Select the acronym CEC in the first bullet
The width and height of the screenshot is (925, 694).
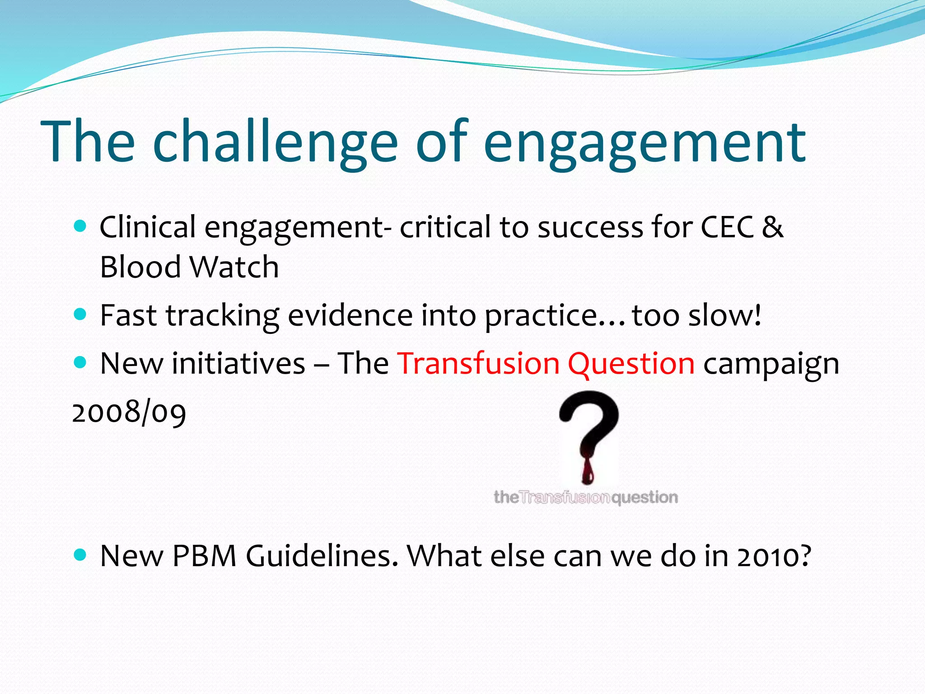tap(727, 227)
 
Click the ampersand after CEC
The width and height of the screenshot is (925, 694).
tap(772, 227)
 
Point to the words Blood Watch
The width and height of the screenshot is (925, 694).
tap(189, 267)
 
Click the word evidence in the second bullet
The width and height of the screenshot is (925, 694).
tap(350, 315)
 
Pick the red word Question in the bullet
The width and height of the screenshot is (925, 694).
tap(631, 364)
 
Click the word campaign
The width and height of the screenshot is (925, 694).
tap(771, 364)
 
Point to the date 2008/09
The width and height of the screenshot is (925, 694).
tap(129, 412)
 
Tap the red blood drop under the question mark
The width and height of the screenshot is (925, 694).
tap(588, 472)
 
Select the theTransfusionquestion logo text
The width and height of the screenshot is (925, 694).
tap(586, 497)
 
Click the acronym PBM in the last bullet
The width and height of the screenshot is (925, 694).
tap(204, 556)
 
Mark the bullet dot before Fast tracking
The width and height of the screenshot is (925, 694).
tap(79, 314)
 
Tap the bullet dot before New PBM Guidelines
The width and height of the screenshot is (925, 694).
tap(79, 554)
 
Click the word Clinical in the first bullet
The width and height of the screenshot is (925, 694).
tap(147, 227)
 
